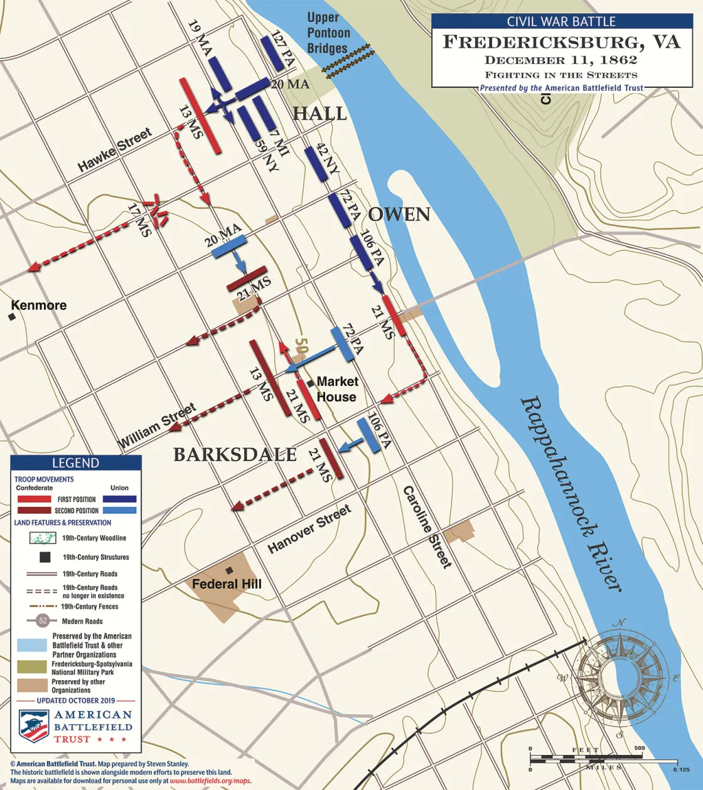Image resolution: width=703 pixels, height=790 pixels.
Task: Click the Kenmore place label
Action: pos(39,306)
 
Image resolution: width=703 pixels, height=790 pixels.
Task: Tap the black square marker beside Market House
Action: pos(310,383)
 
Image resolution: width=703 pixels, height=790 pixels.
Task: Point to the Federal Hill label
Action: pos(227,584)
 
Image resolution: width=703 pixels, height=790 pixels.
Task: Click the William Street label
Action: pos(157,425)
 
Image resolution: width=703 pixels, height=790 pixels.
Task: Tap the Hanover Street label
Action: pos(309,529)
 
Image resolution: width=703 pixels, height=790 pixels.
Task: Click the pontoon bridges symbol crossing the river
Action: pos(348,61)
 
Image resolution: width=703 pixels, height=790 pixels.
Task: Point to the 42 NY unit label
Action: pos(328,159)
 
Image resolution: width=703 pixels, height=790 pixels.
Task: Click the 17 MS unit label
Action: pos(139,220)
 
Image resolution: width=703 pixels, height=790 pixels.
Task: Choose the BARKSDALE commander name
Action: pos(235,455)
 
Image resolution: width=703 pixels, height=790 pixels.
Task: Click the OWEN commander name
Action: pos(399,215)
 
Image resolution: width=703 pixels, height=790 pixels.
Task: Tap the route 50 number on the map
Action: pos(302,346)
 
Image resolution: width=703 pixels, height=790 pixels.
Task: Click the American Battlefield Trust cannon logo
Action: pos(34,726)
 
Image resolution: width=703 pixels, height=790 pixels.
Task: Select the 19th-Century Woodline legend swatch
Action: pos(43,538)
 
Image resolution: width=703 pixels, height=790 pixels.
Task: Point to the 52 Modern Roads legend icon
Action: pos(43,621)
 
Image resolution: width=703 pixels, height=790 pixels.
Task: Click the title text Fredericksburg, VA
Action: pos(562,42)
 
